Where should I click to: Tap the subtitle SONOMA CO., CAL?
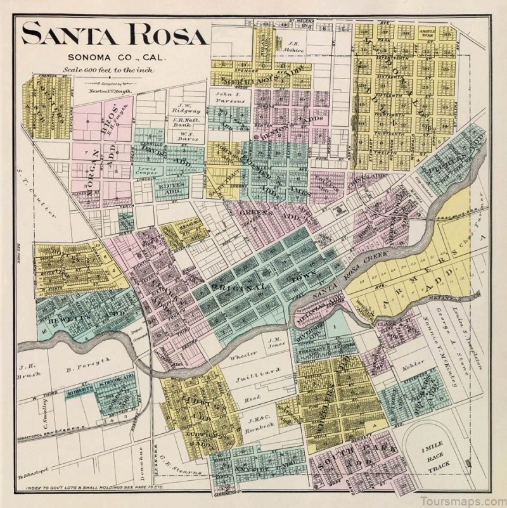click(114, 58)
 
